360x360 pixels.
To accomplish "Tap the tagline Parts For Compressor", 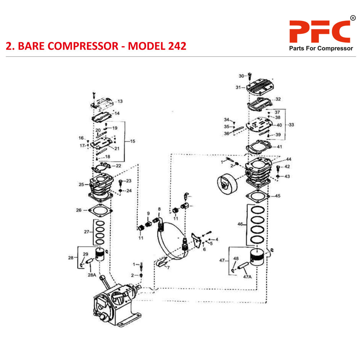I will coord(321,49).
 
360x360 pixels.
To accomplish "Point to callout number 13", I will coord(120,102).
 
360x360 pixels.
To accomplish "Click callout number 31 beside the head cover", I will coord(238,87).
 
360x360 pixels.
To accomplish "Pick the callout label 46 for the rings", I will coord(240,224).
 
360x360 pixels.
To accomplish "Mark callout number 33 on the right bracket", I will coord(291,125).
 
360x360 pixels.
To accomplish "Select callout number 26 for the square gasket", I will coord(78,210).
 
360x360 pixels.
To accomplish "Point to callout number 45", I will coord(278,196).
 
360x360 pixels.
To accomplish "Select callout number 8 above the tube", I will coord(159,209).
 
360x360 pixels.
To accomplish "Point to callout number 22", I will coord(118,166).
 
